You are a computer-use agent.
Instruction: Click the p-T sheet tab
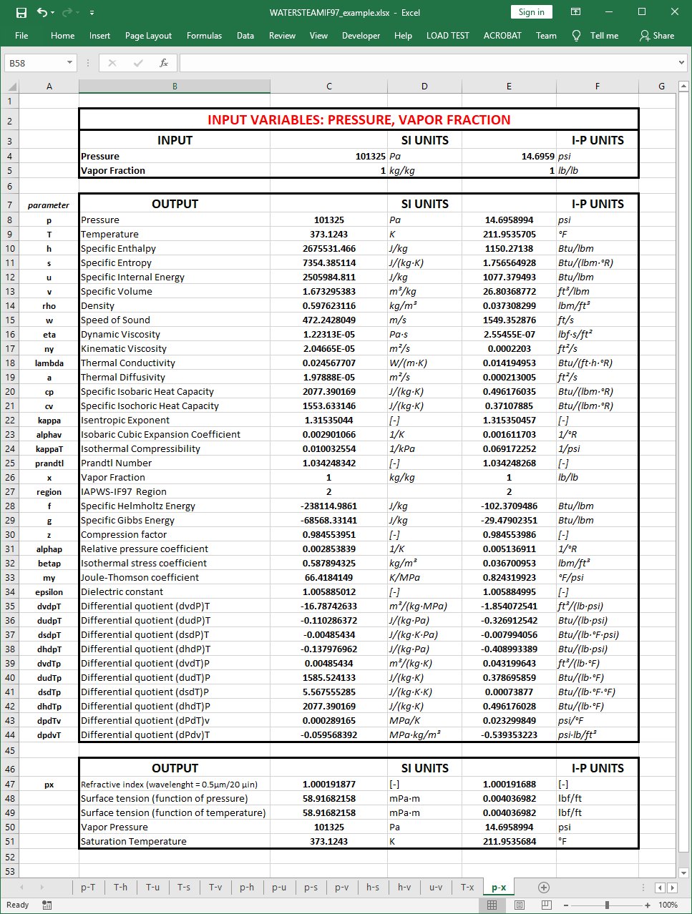[x=88, y=887]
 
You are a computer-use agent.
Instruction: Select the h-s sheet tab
[x=373, y=887]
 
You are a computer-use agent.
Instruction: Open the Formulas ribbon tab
[x=204, y=36]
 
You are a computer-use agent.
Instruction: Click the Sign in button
[x=531, y=12]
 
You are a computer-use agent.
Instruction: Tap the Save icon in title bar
[x=21, y=13]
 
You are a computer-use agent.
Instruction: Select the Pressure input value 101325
[x=370, y=156]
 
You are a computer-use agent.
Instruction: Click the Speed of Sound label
[x=115, y=320]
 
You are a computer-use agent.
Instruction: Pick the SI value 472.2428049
[x=329, y=320]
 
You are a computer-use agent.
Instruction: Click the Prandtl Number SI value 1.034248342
[x=329, y=463]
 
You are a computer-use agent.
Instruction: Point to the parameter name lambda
[x=49, y=363]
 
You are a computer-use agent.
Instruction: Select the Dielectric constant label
[x=122, y=591]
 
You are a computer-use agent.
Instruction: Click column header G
[x=661, y=87]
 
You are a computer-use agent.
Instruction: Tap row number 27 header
[x=10, y=491]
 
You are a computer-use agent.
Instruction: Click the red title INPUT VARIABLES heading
[x=359, y=119]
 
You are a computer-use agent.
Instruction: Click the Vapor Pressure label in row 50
[x=114, y=827]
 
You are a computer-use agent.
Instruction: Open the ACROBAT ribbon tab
[x=502, y=36]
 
